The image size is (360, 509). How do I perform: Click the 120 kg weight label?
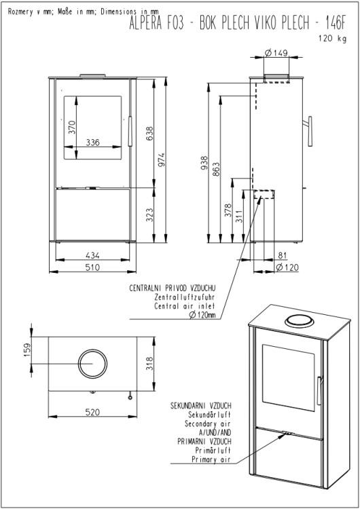click(x=332, y=38)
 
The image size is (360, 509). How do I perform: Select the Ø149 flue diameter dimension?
click(x=276, y=52)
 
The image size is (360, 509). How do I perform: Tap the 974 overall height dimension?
click(x=162, y=159)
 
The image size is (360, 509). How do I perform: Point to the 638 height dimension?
click(x=149, y=134)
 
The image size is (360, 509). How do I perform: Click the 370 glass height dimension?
click(x=72, y=127)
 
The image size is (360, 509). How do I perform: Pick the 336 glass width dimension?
click(x=92, y=143)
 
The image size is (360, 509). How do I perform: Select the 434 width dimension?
click(x=92, y=255)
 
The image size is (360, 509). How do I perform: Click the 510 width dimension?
click(x=92, y=267)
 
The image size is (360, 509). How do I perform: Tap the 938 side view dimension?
click(x=204, y=164)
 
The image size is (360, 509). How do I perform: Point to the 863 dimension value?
click(x=216, y=169)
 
